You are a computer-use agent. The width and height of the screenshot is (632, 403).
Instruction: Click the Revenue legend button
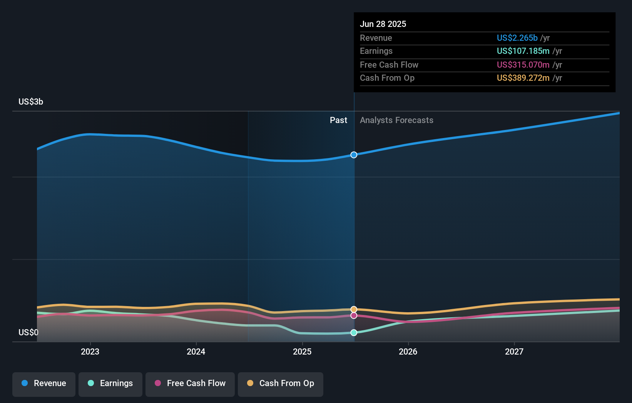(x=44, y=384)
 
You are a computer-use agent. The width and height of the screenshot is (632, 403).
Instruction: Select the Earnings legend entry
(x=110, y=384)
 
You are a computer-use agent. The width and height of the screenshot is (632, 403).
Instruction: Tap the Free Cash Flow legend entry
(x=190, y=384)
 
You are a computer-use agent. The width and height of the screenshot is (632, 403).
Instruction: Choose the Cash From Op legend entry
(x=281, y=384)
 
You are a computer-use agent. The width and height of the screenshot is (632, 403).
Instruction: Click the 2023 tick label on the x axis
(x=90, y=351)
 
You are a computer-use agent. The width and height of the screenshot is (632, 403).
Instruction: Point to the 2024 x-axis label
(x=196, y=351)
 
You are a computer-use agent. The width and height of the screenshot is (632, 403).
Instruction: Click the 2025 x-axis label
(x=302, y=351)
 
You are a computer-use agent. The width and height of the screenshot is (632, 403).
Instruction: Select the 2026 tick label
(x=408, y=351)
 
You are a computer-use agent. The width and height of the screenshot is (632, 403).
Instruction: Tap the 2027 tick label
(x=514, y=351)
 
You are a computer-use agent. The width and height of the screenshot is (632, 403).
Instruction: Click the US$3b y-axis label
(x=31, y=102)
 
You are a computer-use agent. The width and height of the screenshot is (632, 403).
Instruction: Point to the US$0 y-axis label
(x=28, y=332)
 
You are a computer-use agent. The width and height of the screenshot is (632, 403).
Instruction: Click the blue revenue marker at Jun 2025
(x=354, y=155)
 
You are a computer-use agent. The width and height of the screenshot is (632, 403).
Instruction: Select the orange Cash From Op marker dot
(x=354, y=310)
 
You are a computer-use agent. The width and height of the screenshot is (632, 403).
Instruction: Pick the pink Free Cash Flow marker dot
(x=354, y=316)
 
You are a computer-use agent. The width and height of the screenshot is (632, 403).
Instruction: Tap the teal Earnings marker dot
(x=354, y=333)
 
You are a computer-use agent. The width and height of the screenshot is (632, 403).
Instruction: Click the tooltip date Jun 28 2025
(x=383, y=24)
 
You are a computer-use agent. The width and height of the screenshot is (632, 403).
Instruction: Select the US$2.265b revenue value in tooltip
(x=517, y=38)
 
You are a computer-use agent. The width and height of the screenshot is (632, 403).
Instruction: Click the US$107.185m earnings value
(x=523, y=51)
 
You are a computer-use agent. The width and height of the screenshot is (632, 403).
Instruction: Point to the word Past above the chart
(x=338, y=120)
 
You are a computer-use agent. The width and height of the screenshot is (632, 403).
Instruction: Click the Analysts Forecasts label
(x=396, y=120)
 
